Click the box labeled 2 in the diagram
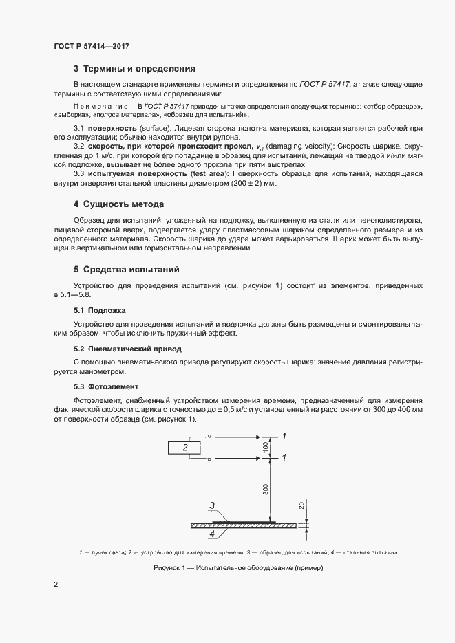click(x=185, y=447)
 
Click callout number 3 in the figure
click(x=213, y=506)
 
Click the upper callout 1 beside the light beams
click(x=284, y=436)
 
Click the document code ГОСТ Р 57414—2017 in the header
click(x=92, y=46)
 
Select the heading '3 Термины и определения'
click(x=135, y=69)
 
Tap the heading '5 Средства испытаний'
click(x=127, y=269)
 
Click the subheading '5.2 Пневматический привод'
click(x=127, y=349)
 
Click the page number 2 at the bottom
click(x=56, y=585)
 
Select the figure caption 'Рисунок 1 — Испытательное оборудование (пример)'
click(x=238, y=568)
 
